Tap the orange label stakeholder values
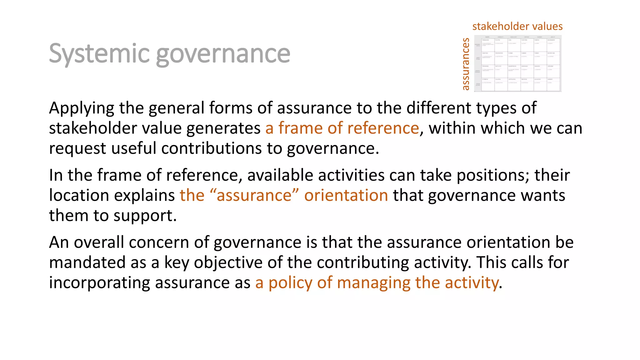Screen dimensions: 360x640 coord(517,26)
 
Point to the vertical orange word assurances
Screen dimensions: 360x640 coord(466,64)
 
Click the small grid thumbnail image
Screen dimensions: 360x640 coord(518,63)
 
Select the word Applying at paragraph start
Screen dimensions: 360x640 coord(82,108)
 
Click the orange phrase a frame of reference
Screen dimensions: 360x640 coord(342,128)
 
